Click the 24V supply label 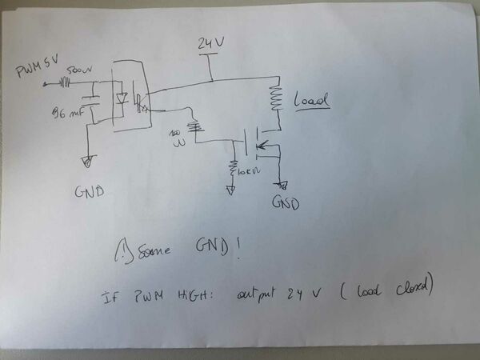[210, 43]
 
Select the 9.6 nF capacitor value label [67, 113]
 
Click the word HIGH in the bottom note [189, 296]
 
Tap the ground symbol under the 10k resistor [230, 190]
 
